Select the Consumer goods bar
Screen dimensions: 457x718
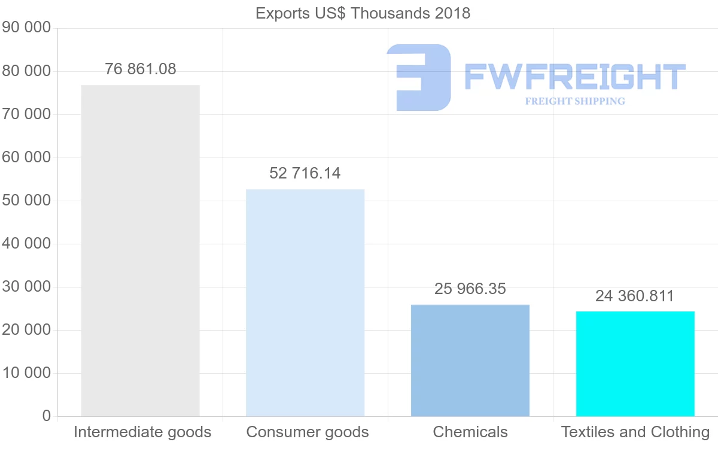pyautogui.click(x=305, y=302)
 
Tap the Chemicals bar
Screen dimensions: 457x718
pyautogui.click(x=470, y=360)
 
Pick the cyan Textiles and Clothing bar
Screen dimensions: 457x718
pyautogui.click(x=635, y=364)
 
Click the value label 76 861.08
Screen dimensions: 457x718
pyautogui.click(x=141, y=69)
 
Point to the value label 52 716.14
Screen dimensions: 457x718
pyautogui.click(x=305, y=174)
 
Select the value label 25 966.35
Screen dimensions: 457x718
pyautogui.click(x=470, y=289)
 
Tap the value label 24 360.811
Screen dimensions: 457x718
pyautogui.click(x=635, y=296)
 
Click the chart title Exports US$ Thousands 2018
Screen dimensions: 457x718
pyautogui.click(x=363, y=13)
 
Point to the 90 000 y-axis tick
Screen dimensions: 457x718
pyautogui.click(x=26, y=28)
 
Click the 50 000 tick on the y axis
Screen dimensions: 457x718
pyautogui.click(x=26, y=201)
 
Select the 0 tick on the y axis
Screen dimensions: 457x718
pyautogui.click(x=47, y=416)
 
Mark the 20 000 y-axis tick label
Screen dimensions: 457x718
pyautogui.click(x=26, y=330)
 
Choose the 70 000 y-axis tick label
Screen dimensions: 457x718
pyautogui.click(x=26, y=114)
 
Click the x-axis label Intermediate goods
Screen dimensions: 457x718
pyautogui.click(x=142, y=432)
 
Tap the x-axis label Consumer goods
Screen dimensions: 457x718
pyautogui.click(x=308, y=432)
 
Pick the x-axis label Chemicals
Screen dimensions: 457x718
pyautogui.click(x=470, y=432)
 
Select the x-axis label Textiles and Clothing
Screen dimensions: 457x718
pyautogui.click(x=635, y=432)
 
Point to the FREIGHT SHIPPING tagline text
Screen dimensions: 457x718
pyautogui.click(x=575, y=101)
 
